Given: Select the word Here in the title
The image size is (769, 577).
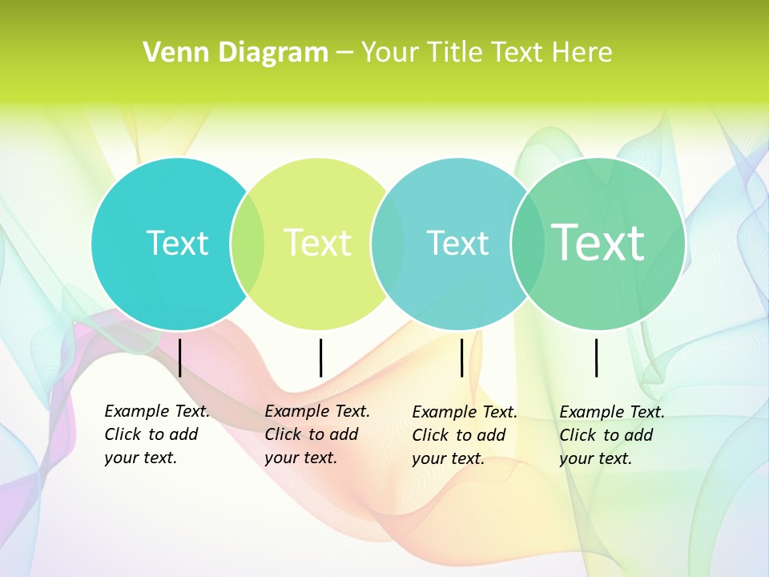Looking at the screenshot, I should [582, 53].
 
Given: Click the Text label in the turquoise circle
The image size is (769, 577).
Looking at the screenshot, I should [177, 243].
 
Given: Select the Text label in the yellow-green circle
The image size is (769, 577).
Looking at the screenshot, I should [318, 243].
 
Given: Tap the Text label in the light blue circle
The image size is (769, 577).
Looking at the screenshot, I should [457, 243].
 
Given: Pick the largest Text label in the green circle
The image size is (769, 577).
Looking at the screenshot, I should [598, 243].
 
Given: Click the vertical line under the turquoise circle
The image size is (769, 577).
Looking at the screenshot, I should [179, 357].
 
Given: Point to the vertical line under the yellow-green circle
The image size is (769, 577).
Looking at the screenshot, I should [320, 357].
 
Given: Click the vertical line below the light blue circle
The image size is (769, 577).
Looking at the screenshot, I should [461, 357].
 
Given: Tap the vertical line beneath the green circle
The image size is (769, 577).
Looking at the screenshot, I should [596, 357].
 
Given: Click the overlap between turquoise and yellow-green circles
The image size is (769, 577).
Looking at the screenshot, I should [248, 243].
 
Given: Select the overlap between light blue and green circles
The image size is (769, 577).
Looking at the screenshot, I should [527, 243].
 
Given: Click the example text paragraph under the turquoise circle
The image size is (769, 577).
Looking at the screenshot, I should [157, 434].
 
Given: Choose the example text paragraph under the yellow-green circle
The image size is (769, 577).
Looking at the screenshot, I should [317, 434].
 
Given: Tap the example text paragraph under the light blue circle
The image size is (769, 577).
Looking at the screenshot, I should [465, 435].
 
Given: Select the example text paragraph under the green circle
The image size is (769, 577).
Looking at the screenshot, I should [612, 435].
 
